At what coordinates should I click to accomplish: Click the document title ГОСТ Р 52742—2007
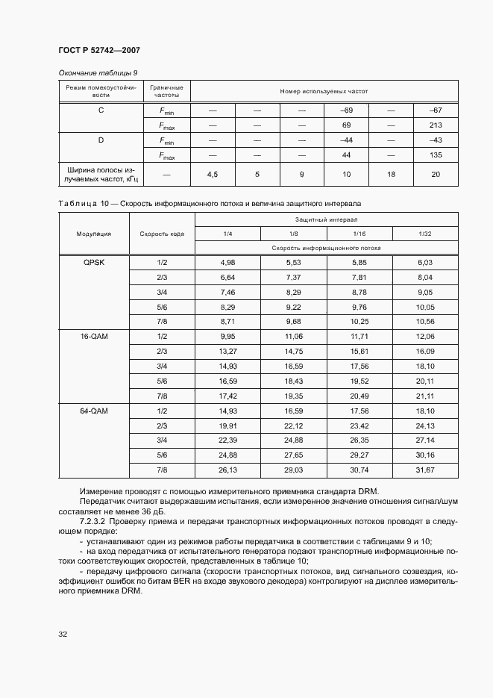(98, 50)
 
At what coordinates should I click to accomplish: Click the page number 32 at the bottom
(63, 635)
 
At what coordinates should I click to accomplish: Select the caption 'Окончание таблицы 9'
(97, 72)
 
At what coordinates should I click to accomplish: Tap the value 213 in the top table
(436, 125)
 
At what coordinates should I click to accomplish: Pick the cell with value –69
(346, 110)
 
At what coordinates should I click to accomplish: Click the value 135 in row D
(436, 155)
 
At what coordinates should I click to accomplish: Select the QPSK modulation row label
(94, 263)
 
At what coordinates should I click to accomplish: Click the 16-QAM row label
(94, 337)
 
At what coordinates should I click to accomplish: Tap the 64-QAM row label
(94, 411)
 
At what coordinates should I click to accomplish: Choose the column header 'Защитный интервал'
(327, 220)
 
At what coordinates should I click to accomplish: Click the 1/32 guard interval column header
(424, 234)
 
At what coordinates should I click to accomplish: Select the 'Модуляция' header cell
(94, 234)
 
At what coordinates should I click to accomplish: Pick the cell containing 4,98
(227, 263)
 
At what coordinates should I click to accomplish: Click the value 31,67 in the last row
(424, 470)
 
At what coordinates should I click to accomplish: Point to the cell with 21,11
(424, 396)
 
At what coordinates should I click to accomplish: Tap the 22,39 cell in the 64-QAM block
(227, 440)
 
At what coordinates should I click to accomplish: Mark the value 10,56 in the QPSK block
(424, 322)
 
